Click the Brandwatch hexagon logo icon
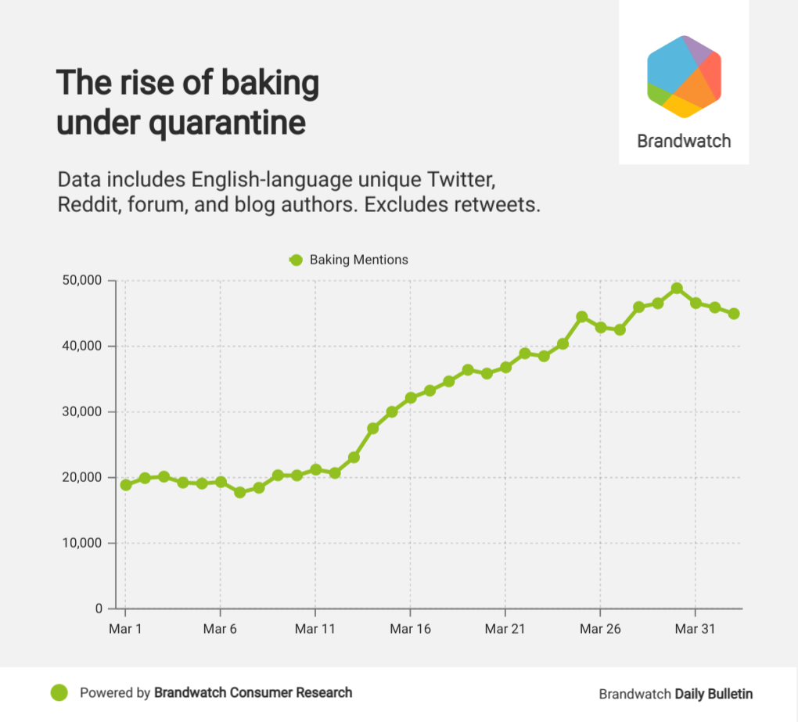[684, 77]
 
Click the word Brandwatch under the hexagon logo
[684, 142]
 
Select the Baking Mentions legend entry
[349, 260]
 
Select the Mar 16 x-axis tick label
[410, 629]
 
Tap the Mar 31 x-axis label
[695, 629]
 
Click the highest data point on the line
[677, 289]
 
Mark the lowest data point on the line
[239, 493]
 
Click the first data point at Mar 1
[125, 485]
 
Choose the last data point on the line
[733, 314]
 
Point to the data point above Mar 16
[410, 397]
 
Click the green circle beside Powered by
[59, 692]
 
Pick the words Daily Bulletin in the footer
[714, 694]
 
